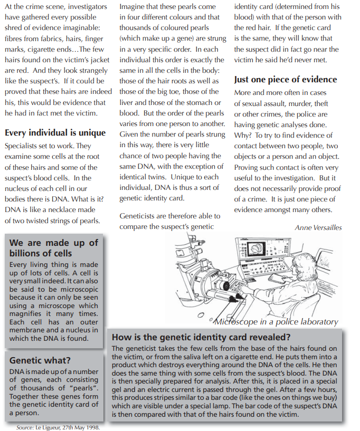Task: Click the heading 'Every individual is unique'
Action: coord(55,132)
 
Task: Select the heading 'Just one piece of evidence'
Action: coord(285,80)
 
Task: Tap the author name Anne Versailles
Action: coord(318,227)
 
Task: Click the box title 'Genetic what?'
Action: coord(40,360)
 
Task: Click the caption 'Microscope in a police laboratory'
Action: coord(275,321)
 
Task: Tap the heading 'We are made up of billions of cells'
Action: coord(54,248)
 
